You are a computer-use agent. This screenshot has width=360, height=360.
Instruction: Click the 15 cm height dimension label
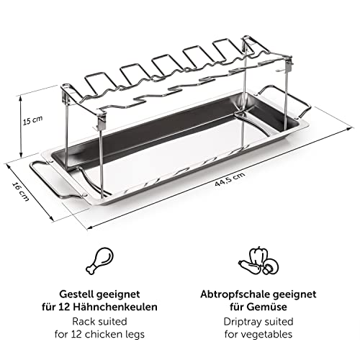pyautogui.click(x=32, y=120)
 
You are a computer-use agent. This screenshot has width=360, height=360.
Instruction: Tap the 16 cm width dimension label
pyautogui.click(x=20, y=192)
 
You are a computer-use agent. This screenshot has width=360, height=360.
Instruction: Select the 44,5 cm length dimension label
pyautogui.click(x=230, y=179)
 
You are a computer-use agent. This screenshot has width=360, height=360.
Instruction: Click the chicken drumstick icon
pyautogui.click(x=99, y=261)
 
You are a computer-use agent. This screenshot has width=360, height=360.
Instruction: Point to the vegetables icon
pyautogui.click(x=258, y=261)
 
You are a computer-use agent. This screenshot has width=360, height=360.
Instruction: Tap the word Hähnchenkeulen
pyautogui.click(x=115, y=307)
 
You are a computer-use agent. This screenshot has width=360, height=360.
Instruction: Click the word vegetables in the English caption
pyautogui.click(x=266, y=335)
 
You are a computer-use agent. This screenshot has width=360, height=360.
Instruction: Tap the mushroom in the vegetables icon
pyautogui.click(x=271, y=266)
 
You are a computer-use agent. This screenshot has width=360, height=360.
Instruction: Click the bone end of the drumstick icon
pyautogui.click(x=90, y=270)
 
